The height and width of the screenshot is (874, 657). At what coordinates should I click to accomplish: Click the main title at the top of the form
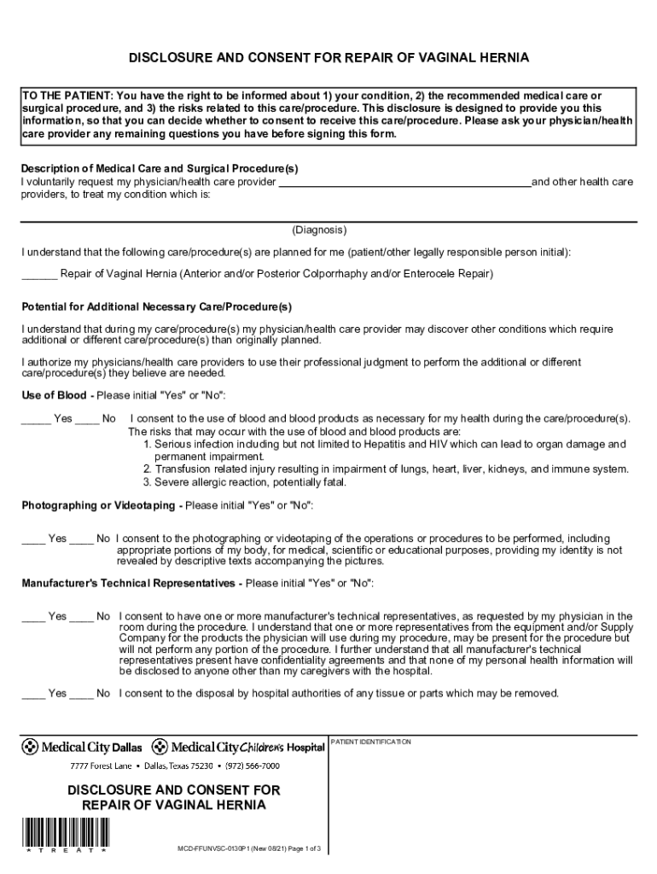[328, 58]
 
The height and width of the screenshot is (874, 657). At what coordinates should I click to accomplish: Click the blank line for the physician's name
[404, 183]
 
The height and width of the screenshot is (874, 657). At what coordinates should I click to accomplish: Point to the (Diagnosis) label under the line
[319, 230]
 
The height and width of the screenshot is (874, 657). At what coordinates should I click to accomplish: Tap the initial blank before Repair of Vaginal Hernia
[38, 275]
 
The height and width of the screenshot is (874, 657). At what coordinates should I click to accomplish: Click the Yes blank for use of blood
[36, 419]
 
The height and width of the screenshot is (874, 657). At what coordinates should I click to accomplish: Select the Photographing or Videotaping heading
[101, 506]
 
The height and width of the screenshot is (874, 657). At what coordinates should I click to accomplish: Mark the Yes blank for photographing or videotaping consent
[33, 539]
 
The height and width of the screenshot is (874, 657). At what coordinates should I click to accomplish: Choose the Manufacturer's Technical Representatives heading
[128, 583]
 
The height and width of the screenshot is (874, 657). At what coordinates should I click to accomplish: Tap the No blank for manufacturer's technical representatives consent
[81, 617]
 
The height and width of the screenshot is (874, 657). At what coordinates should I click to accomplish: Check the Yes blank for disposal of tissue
[33, 694]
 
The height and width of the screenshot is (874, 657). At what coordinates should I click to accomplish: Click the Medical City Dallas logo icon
[31, 747]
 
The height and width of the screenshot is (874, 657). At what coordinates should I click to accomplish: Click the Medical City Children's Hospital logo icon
[160, 747]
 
